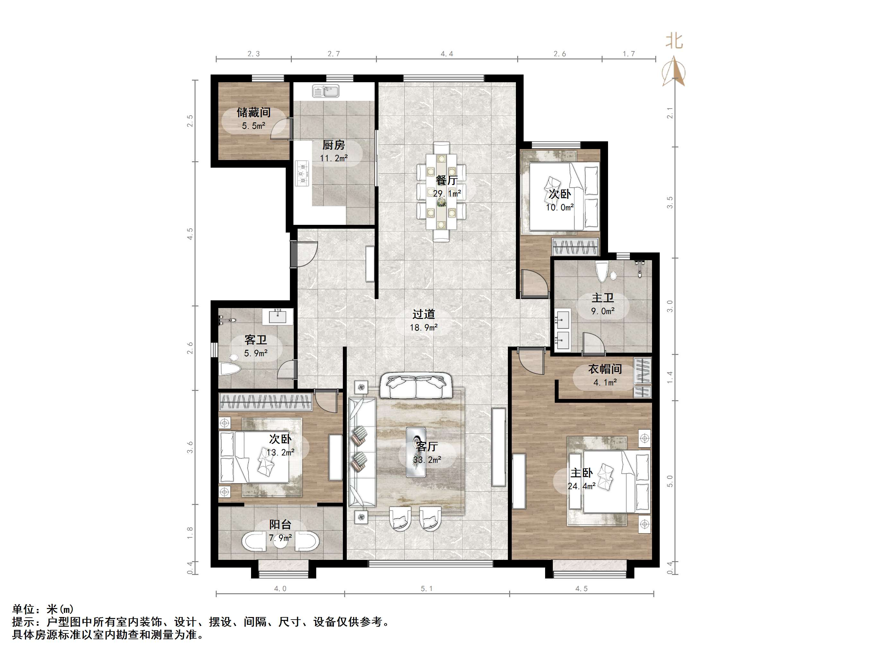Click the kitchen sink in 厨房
coord(326,91)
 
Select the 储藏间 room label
coord(254,112)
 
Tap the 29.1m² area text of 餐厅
coord(447,194)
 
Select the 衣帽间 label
coord(605,369)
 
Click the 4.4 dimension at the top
coord(447,54)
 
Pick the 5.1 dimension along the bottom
coord(427,589)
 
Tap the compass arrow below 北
coord(674,71)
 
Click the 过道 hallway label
coord(423,314)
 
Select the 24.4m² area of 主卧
coord(581,486)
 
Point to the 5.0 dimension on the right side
coord(670,481)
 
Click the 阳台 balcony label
coord(281,524)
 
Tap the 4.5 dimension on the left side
coord(190,234)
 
